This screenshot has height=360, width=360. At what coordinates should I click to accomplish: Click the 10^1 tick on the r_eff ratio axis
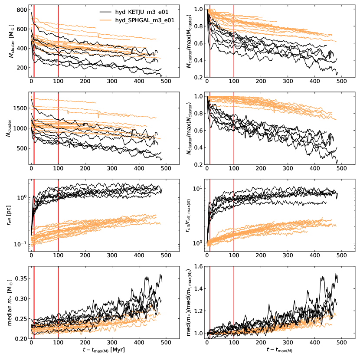click(198, 188)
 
